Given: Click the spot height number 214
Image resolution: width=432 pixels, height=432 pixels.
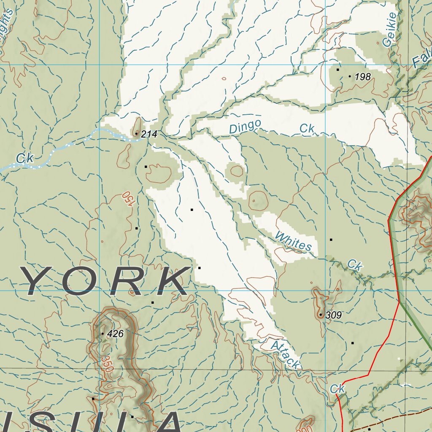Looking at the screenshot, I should tap(149, 134).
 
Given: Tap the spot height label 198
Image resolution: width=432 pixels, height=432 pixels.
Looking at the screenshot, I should tap(363, 76).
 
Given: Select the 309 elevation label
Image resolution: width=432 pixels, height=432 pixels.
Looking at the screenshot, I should tap(333, 315).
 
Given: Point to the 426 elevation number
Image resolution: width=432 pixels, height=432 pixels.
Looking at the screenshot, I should tap(115, 334).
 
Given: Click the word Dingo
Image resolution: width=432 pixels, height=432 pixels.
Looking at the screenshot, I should tap(245, 127).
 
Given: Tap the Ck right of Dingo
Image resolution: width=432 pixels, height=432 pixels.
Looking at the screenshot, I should tap(307, 129).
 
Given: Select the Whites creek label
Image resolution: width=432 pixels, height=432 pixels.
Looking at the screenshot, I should tap(293, 241).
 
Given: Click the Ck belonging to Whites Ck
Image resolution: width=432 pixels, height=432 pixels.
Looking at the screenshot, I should tap(355, 265).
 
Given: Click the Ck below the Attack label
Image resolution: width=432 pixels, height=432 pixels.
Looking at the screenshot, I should tap(337, 389).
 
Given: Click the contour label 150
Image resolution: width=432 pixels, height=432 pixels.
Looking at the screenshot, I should tap(127, 199).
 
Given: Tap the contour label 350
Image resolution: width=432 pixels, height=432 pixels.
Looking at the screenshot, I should tap(107, 363).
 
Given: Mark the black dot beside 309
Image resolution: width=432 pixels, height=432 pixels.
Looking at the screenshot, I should tap(321, 315).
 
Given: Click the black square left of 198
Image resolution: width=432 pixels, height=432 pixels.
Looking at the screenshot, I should tap(337, 70).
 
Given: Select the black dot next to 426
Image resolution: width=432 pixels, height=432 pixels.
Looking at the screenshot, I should tap(102, 334).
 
